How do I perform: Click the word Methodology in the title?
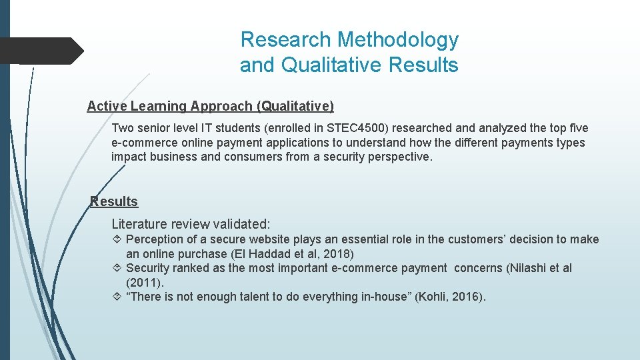398,40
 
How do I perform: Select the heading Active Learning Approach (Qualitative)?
211,106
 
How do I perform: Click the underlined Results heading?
114,201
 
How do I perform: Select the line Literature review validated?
191,224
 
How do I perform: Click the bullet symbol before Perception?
117,239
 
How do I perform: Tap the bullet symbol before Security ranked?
117,268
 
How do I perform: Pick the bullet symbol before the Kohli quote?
117,297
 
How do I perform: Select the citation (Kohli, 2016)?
450,297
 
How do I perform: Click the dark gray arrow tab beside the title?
41,51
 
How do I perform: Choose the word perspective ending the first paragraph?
399,157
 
